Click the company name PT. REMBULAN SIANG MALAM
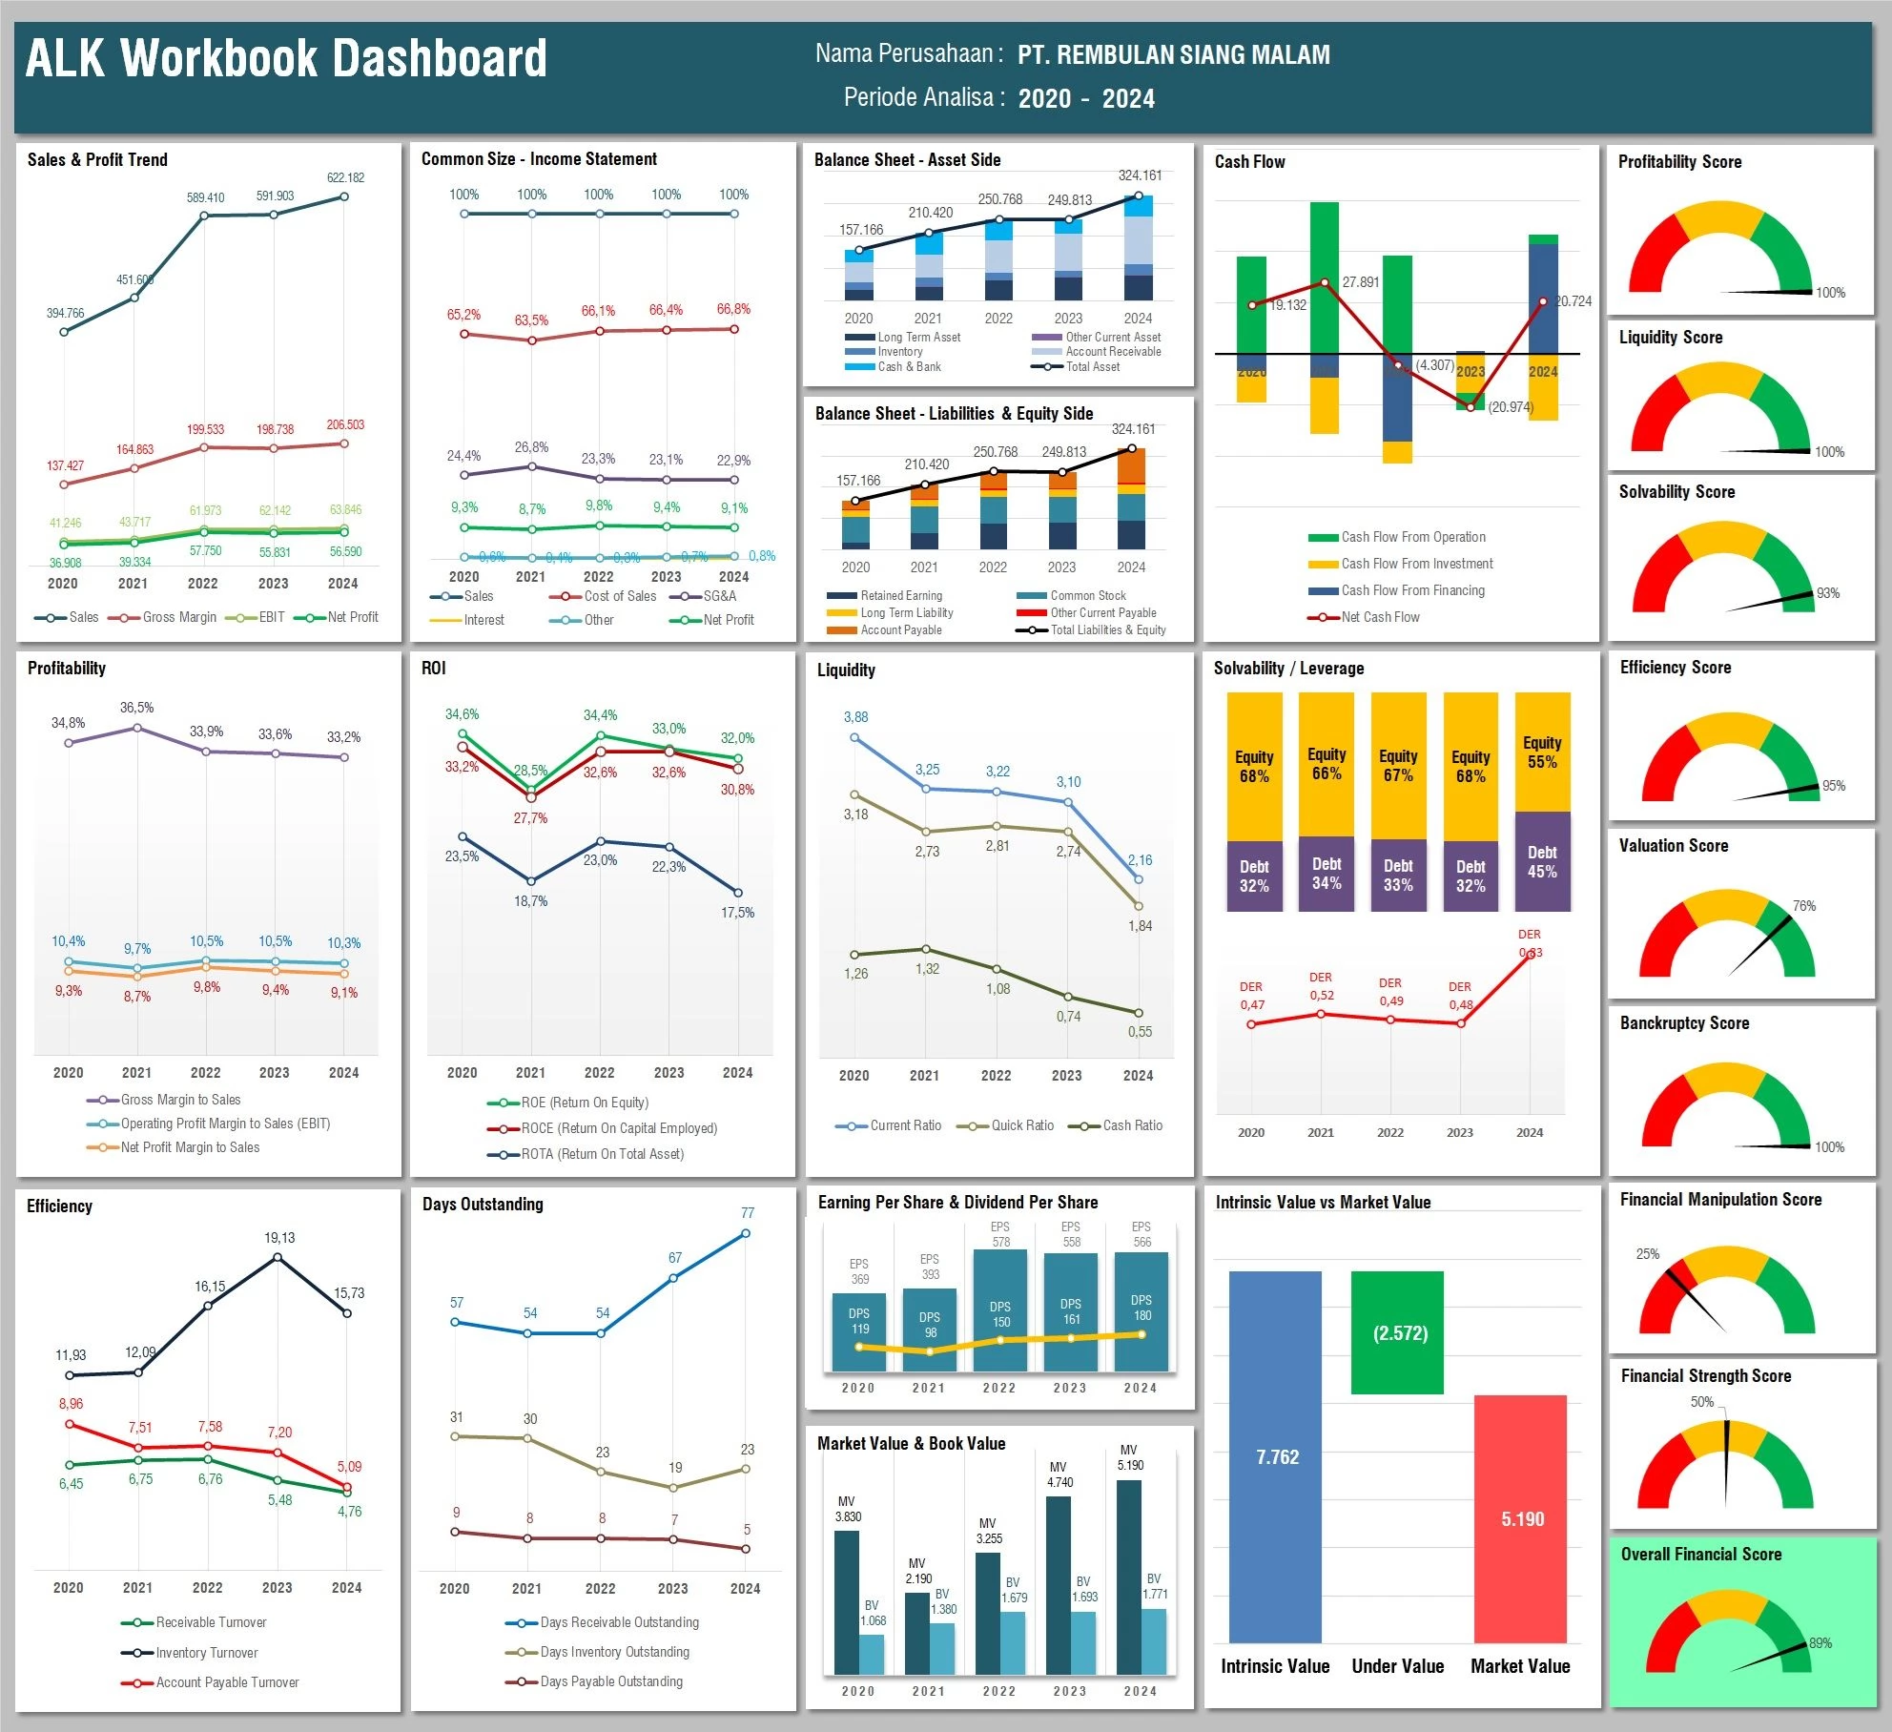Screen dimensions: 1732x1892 pyautogui.click(x=1173, y=54)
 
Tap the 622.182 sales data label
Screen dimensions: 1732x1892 pyautogui.click(x=345, y=177)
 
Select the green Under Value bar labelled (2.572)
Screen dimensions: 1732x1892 pyautogui.click(x=1397, y=1332)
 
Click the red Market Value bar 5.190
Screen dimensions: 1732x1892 pyautogui.click(x=1520, y=1518)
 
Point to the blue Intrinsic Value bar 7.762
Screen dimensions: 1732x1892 pyautogui.click(x=1275, y=1456)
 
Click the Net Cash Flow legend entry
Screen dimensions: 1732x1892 pyautogui.click(x=1379, y=617)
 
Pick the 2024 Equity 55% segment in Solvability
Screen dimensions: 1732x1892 pyautogui.click(x=1542, y=752)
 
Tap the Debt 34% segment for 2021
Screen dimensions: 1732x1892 pyautogui.click(x=1326, y=873)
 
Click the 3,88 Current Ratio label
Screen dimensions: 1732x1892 pyautogui.click(x=855, y=717)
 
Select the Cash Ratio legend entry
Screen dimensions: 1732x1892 pyautogui.click(x=1132, y=1125)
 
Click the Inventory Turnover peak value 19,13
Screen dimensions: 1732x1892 pyautogui.click(x=279, y=1238)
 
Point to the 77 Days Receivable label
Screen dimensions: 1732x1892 pyautogui.click(x=748, y=1213)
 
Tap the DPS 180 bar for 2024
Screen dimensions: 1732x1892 pyautogui.click(x=1141, y=1309)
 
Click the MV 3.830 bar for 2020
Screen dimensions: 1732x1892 pyautogui.click(x=847, y=1602)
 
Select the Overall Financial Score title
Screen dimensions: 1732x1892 pyautogui.click(x=1700, y=1554)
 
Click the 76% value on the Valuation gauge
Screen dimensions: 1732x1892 pyautogui.click(x=1803, y=906)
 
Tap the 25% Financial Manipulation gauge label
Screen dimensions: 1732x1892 pyautogui.click(x=1647, y=1254)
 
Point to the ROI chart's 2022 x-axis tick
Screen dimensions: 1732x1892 pyautogui.click(x=599, y=1072)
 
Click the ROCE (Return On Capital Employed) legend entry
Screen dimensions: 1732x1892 pyautogui.click(x=618, y=1128)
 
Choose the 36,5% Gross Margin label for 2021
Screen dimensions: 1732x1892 pyautogui.click(x=136, y=708)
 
